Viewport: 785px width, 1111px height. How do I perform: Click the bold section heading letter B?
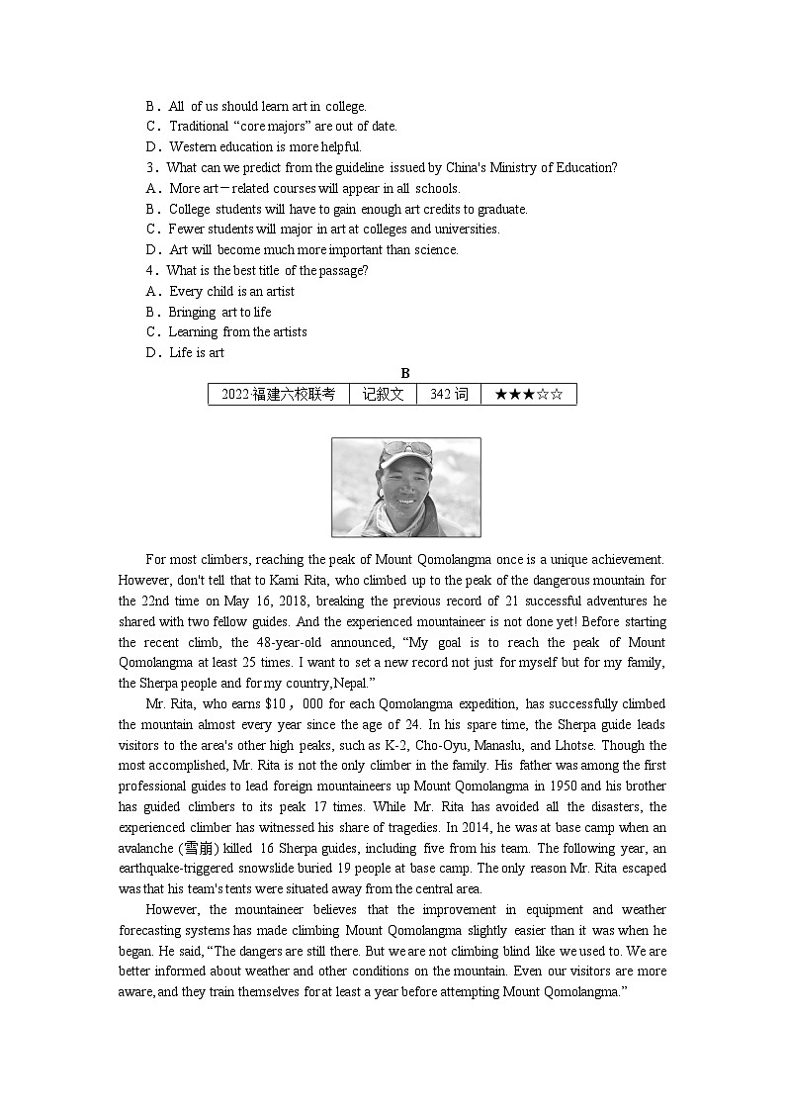click(405, 373)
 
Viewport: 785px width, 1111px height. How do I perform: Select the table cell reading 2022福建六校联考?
click(278, 394)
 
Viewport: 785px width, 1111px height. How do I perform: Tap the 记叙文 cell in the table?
click(383, 394)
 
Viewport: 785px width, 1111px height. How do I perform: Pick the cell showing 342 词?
click(449, 394)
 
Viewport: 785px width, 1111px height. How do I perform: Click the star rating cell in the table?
click(528, 394)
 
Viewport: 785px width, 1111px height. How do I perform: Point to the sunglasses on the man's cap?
click(407, 450)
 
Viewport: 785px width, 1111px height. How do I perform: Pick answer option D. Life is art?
click(185, 353)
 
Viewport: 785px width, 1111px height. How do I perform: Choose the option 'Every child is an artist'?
click(231, 292)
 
